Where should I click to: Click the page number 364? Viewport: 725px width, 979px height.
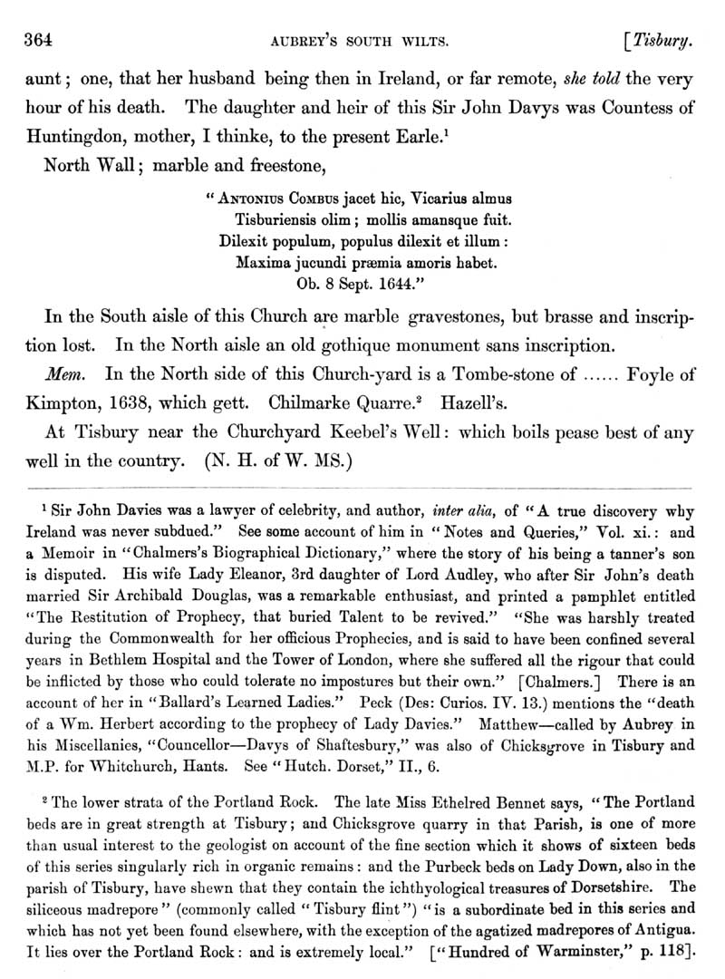point(39,40)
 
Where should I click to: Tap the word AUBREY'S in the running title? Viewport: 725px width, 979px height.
point(296,41)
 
